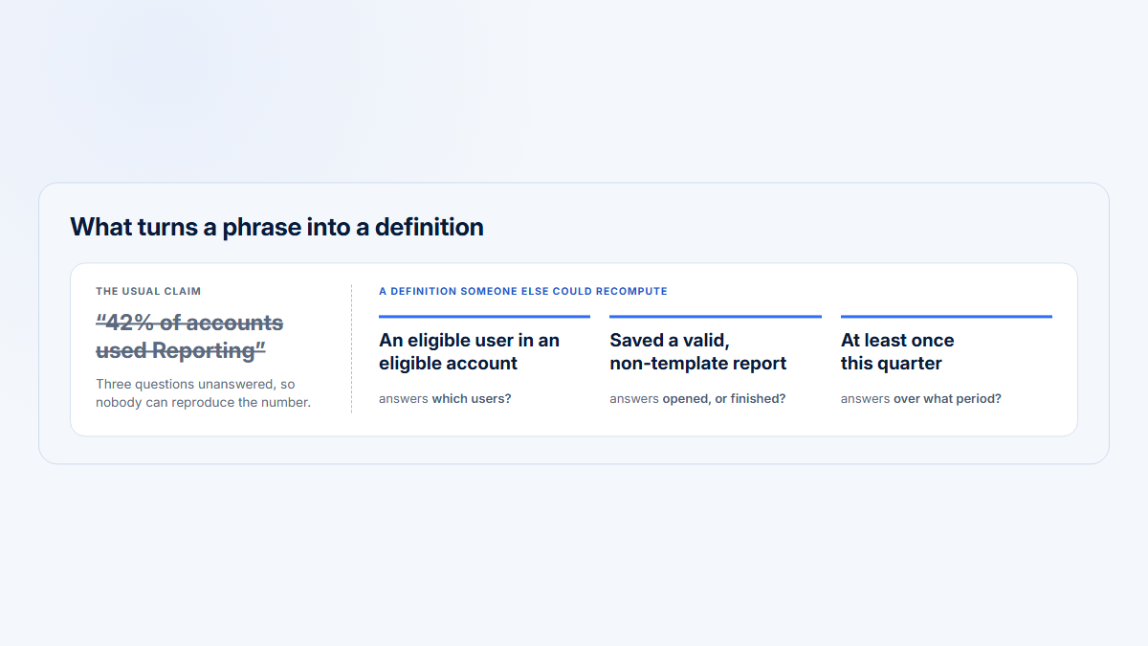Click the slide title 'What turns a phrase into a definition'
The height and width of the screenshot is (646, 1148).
click(x=276, y=227)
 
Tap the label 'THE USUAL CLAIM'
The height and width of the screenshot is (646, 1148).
click(x=148, y=291)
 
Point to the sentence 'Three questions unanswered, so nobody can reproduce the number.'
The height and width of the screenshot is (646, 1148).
click(x=204, y=393)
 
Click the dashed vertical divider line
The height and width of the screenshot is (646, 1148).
click(x=352, y=348)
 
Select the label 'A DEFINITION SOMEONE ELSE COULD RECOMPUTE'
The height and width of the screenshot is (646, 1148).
click(x=522, y=291)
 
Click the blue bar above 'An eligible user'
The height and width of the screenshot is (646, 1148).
click(x=484, y=317)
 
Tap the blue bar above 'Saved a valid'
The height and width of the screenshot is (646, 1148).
click(x=716, y=317)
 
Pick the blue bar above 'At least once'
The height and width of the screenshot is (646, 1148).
click(x=946, y=317)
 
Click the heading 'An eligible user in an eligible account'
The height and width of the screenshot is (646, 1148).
click(x=469, y=352)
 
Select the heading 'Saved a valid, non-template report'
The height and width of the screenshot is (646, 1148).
click(x=698, y=352)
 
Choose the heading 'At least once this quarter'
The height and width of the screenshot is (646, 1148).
click(x=897, y=352)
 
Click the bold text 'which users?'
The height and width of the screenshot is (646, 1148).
click(x=472, y=398)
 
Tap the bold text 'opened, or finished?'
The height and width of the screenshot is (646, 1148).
click(x=723, y=398)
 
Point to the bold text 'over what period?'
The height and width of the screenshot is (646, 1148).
click(x=947, y=398)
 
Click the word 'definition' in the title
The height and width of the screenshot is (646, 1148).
click(x=429, y=227)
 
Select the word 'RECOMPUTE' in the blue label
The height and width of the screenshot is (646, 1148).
click(x=631, y=291)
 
